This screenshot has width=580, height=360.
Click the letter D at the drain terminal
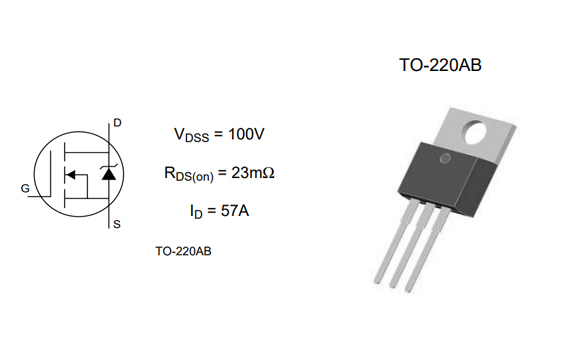tap(117, 123)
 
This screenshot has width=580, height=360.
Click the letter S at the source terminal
tap(116, 224)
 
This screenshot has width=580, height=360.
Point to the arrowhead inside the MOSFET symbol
tap(71, 177)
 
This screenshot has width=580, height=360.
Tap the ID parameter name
tap(197, 212)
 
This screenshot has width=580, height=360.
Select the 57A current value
tap(234, 211)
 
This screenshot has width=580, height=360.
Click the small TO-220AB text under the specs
tap(183, 251)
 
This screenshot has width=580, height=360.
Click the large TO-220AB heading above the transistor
tap(440, 66)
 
